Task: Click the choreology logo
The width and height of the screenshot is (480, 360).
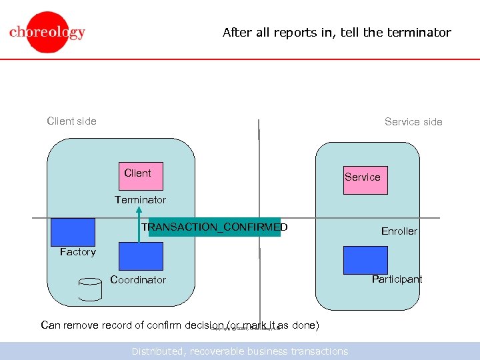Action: [x=47, y=32]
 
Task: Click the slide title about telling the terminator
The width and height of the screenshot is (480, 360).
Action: [x=337, y=32]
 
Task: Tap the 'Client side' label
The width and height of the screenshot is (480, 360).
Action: [x=71, y=121]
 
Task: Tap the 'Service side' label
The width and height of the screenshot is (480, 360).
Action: [x=413, y=121]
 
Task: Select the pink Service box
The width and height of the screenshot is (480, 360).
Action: [x=365, y=178]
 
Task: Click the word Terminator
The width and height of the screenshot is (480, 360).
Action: [x=140, y=200]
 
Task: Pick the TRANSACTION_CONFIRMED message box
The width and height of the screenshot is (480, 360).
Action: [x=215, y=227]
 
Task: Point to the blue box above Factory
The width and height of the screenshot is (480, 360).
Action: [x=73, y=232]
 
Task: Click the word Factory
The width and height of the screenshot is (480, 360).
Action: [x=77, y=252]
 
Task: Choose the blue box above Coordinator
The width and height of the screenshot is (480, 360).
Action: [x=141, y=256]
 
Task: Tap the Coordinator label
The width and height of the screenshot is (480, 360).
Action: [x=138, y=280]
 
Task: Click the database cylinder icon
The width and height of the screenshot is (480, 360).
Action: [x=90, y=289]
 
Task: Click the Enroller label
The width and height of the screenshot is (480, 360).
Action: [x=399, y=231]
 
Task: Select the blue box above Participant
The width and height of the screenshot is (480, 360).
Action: [x=365, y=260]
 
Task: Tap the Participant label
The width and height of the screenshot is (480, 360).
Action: [x=397, y=279]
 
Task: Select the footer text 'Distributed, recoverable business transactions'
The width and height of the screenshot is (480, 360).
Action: [x=239, y=351]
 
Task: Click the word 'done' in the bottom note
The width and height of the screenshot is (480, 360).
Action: [x=305, y=325]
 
